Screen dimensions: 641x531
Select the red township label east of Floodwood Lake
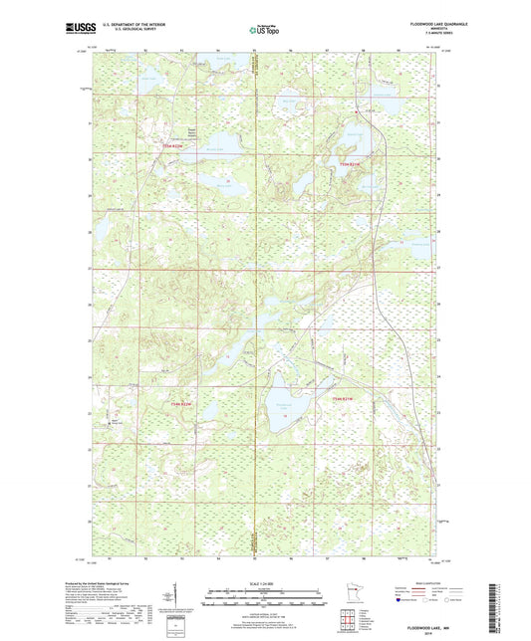(x=343, y=399)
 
